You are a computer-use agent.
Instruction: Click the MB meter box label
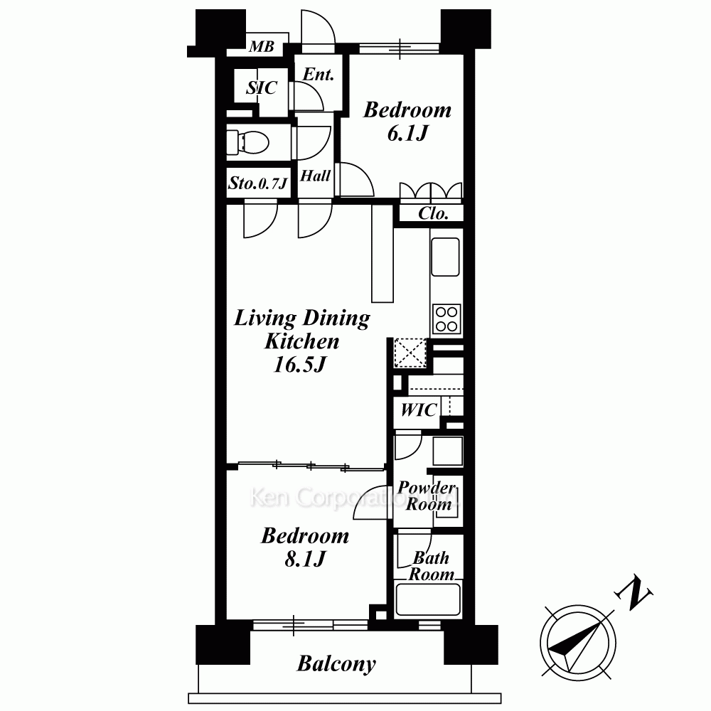(262, 46)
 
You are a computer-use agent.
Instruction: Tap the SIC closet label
(262, 87)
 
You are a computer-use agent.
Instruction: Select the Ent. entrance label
(319, 75)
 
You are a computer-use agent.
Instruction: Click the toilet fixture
(247, 141)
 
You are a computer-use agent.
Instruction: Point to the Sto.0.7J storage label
(258, 183)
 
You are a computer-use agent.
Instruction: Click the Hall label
(315, 176)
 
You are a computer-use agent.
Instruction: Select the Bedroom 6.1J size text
(407, 134)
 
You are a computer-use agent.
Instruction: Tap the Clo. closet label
(433, 213)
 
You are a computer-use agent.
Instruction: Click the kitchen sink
(445, 257)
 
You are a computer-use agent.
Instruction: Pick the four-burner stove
(447, 319)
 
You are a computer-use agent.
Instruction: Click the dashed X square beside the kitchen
(410, 353)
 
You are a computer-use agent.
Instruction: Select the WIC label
(419, 410)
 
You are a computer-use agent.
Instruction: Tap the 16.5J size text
(299, 365)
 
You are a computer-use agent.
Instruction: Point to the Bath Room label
(432, 566)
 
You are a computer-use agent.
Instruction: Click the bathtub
(428, 599)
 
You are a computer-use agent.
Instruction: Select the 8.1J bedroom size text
(305, 559)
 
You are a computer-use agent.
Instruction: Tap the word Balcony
(336, 664)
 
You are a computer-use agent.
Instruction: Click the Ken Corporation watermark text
(353, 498)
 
